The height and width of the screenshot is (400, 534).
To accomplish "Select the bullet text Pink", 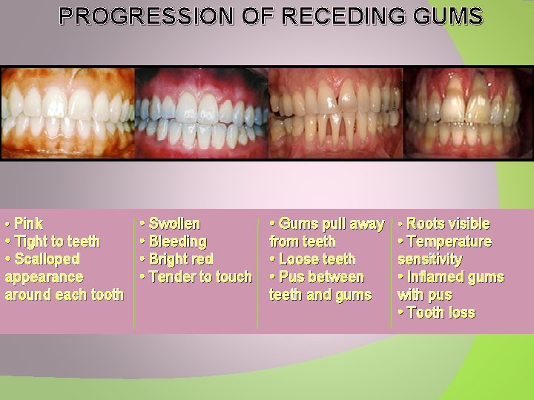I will tap(28, 223).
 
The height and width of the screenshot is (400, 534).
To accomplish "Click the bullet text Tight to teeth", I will tap(56, 241).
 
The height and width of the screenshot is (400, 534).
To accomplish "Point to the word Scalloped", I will tap(47, 259).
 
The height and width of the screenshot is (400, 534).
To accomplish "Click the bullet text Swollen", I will tap(174, 223).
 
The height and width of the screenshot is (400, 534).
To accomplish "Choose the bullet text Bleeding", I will tap(177, 241).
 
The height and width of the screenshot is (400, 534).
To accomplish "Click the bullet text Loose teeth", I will tap(317, 259).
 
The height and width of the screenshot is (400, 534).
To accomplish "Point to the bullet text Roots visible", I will tap(448, 223).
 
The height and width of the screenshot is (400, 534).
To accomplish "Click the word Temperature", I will tap(449, 241).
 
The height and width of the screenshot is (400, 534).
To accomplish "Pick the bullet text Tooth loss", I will tap(441, 313).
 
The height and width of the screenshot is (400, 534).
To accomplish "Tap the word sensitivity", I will tap(429, 259).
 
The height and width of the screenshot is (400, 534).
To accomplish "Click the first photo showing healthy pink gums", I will tap(67, 113).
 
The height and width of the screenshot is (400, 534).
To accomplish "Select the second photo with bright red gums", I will tap(202, 113).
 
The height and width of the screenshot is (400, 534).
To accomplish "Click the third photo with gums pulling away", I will tap(335, 113).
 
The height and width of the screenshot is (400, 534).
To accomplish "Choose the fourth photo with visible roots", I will tap(468, 113).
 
